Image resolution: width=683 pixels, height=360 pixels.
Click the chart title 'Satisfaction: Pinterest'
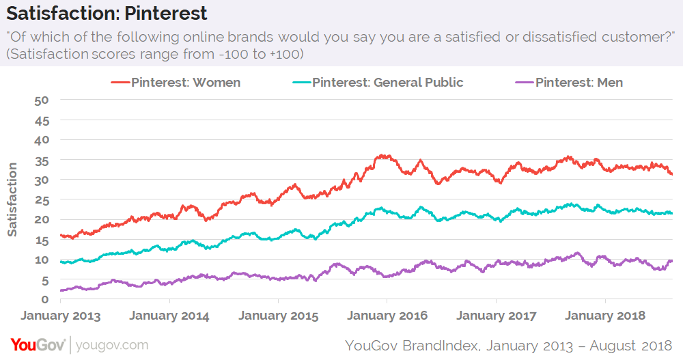105,13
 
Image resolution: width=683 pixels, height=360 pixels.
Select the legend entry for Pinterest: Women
176,83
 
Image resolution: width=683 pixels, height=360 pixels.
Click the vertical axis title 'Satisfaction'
12,199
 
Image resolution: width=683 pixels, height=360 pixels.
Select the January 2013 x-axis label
61,316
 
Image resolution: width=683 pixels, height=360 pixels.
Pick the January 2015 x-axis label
279,316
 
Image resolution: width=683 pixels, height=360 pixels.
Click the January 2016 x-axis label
387,316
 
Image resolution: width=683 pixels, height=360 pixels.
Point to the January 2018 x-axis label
605,316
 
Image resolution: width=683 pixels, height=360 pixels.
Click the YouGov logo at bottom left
38,344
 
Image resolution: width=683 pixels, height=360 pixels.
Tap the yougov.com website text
111,345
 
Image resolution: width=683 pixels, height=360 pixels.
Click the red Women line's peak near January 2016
384,156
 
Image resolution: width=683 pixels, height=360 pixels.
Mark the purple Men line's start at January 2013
61,290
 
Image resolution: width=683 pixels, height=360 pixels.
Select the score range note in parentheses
154,53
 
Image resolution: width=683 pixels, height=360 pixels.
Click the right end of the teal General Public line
672,213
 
